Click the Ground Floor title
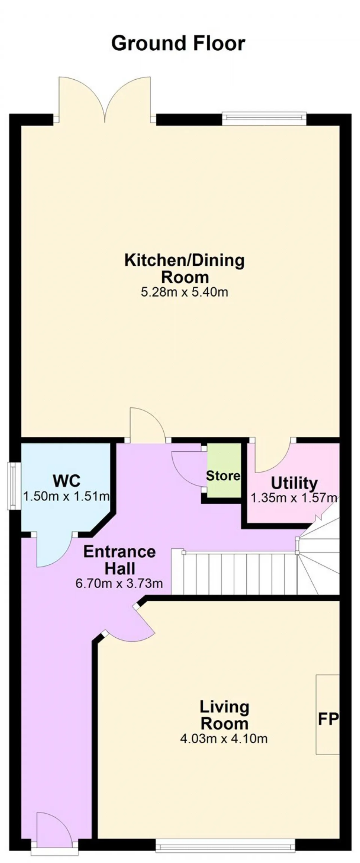tap(178, 44)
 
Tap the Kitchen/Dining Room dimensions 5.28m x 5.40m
tap(184, 292)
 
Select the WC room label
tap(67, 481)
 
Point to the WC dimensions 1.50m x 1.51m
tap(66, 496)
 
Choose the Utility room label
tap(294, 483)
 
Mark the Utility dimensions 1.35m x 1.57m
tap(294, 498)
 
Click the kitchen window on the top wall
tap(264, 118)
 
